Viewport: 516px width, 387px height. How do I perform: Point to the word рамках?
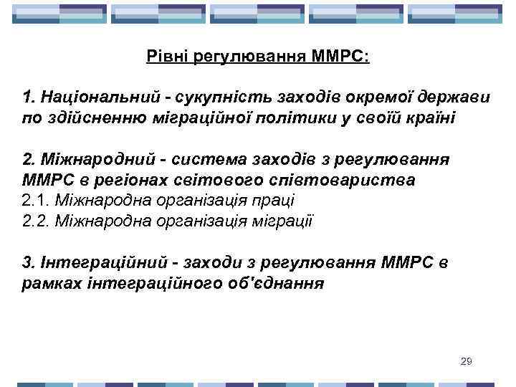[x=48, y=284]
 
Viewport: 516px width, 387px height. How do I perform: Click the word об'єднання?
[x=283, y=284]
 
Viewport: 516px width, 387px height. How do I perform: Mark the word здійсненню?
[x=89, y=118]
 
